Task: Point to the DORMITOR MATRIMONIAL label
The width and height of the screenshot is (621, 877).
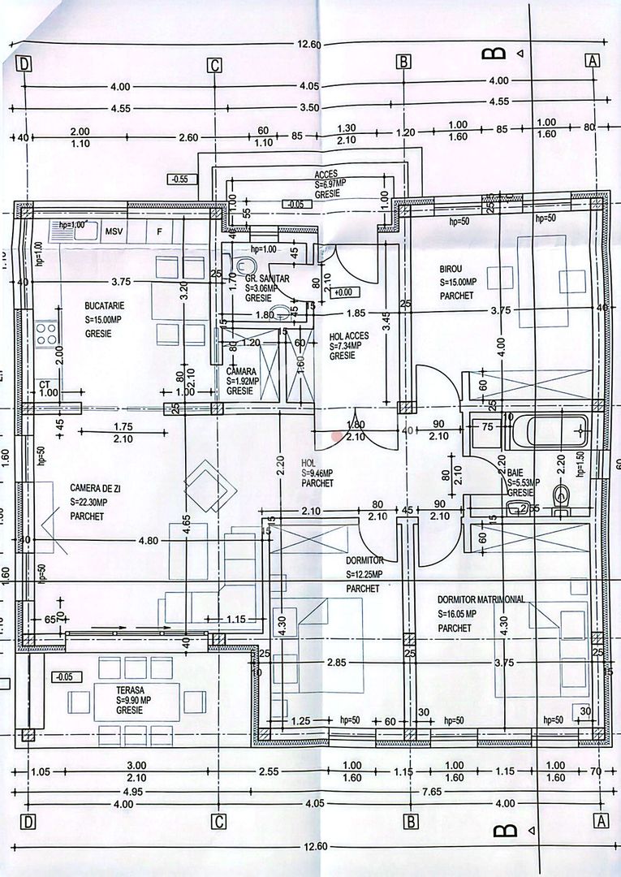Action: pos(481,599)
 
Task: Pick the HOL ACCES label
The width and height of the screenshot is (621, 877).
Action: pos(350,335)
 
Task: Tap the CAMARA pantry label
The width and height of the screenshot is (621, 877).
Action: pos(242,370)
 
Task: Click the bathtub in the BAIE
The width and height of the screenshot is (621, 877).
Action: pos(546,431)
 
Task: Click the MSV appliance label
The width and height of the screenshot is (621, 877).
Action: pos(114,231)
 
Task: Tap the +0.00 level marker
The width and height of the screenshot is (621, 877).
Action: pos(344,292)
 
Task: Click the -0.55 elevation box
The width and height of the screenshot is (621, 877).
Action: pos(179,179)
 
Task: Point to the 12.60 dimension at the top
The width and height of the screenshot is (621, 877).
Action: pos(310,45)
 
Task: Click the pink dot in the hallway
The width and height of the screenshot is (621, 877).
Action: pos(338,435)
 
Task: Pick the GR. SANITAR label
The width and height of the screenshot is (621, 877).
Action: pos(267,278)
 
